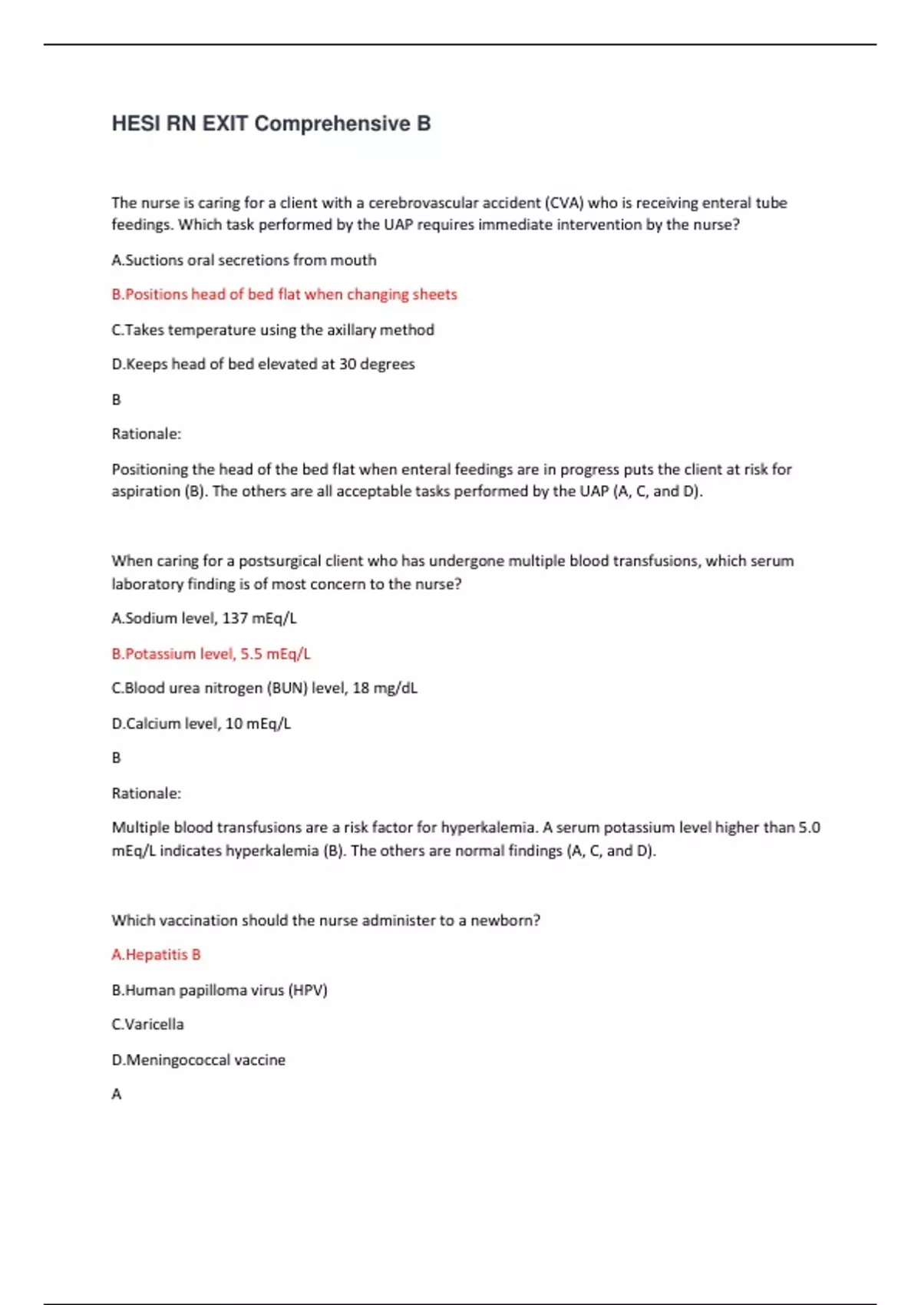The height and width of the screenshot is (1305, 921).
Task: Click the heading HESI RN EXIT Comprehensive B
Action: pyautogui.click(x=271, y=124)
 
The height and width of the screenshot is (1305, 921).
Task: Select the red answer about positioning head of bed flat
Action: pyautogui.click(x=284, y=295)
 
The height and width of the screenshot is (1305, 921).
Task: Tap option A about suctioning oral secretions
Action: pyautogui.click(x=244, y=260)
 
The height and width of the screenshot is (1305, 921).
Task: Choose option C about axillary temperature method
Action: pyautogui.click(x=272, y=330)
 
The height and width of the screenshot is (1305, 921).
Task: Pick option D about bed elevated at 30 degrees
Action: pyautogui.click(x=262, y=365)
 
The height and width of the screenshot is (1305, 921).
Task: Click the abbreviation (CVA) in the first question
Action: pyautogui.click(x=564, y=203)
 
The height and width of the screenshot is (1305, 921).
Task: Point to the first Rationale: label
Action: pyautogui.click(x=146, y=434)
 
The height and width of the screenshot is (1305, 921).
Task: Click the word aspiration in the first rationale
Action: pyautogui.click(x=146, y=492)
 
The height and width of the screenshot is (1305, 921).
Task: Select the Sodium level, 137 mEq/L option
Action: pyautogui.click(x=203, y=619)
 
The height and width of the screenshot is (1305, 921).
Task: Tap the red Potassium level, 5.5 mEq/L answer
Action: pyautogui.click(x=211, y=654)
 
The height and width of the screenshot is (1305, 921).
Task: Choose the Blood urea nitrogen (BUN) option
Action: pyautogui.click(x=264, y=689)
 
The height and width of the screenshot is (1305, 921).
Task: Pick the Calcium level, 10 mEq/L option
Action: pyautogui.click(x=201, y=724)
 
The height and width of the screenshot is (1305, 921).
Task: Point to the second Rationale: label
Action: pyautogui.click(x=146, y=794)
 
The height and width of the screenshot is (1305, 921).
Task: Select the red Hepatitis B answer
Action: pyautogui.click(x=156, y=955)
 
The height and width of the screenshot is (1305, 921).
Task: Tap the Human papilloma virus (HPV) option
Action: pyautogui.click(x=220, y=990)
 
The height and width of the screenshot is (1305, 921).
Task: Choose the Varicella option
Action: pyautogui.click(x=147, y=1025)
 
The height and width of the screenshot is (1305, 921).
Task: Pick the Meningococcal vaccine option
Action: pyautogui.click(x=198, y=1060)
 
